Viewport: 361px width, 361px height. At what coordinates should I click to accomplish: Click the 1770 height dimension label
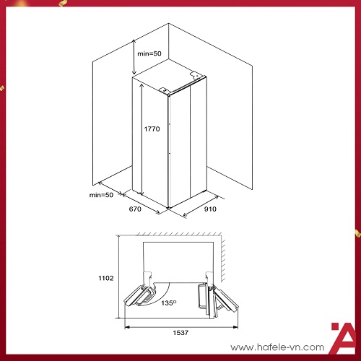pos(152,129)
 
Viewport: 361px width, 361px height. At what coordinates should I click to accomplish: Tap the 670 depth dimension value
pos(135,209)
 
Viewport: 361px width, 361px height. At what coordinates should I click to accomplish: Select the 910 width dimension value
pos(210,209)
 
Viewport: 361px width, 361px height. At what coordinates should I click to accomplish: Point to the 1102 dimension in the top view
pos(106,278)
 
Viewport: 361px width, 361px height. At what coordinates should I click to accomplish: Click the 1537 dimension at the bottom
pos(180,333)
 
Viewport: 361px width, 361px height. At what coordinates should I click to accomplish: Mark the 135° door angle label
pos(168,303)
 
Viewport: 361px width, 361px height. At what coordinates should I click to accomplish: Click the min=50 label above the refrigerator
pos(149,53)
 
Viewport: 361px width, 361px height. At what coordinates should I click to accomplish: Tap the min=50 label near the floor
pos(101,195)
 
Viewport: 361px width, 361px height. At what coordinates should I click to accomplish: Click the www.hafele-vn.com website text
pos(277,347)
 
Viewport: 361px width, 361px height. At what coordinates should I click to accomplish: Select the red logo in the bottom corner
pos(344,338)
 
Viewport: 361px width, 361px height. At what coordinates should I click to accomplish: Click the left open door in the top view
pos(139,295)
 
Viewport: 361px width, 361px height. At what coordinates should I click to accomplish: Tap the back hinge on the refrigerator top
pos(196,74)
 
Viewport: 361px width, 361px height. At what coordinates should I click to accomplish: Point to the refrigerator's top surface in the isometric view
pos(168,77)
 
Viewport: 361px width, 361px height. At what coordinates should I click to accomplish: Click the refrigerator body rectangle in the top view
pos(178,262)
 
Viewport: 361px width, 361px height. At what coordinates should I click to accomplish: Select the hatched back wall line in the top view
pos(178,235)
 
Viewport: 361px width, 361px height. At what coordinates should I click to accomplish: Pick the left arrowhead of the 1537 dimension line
pos(127,327)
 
